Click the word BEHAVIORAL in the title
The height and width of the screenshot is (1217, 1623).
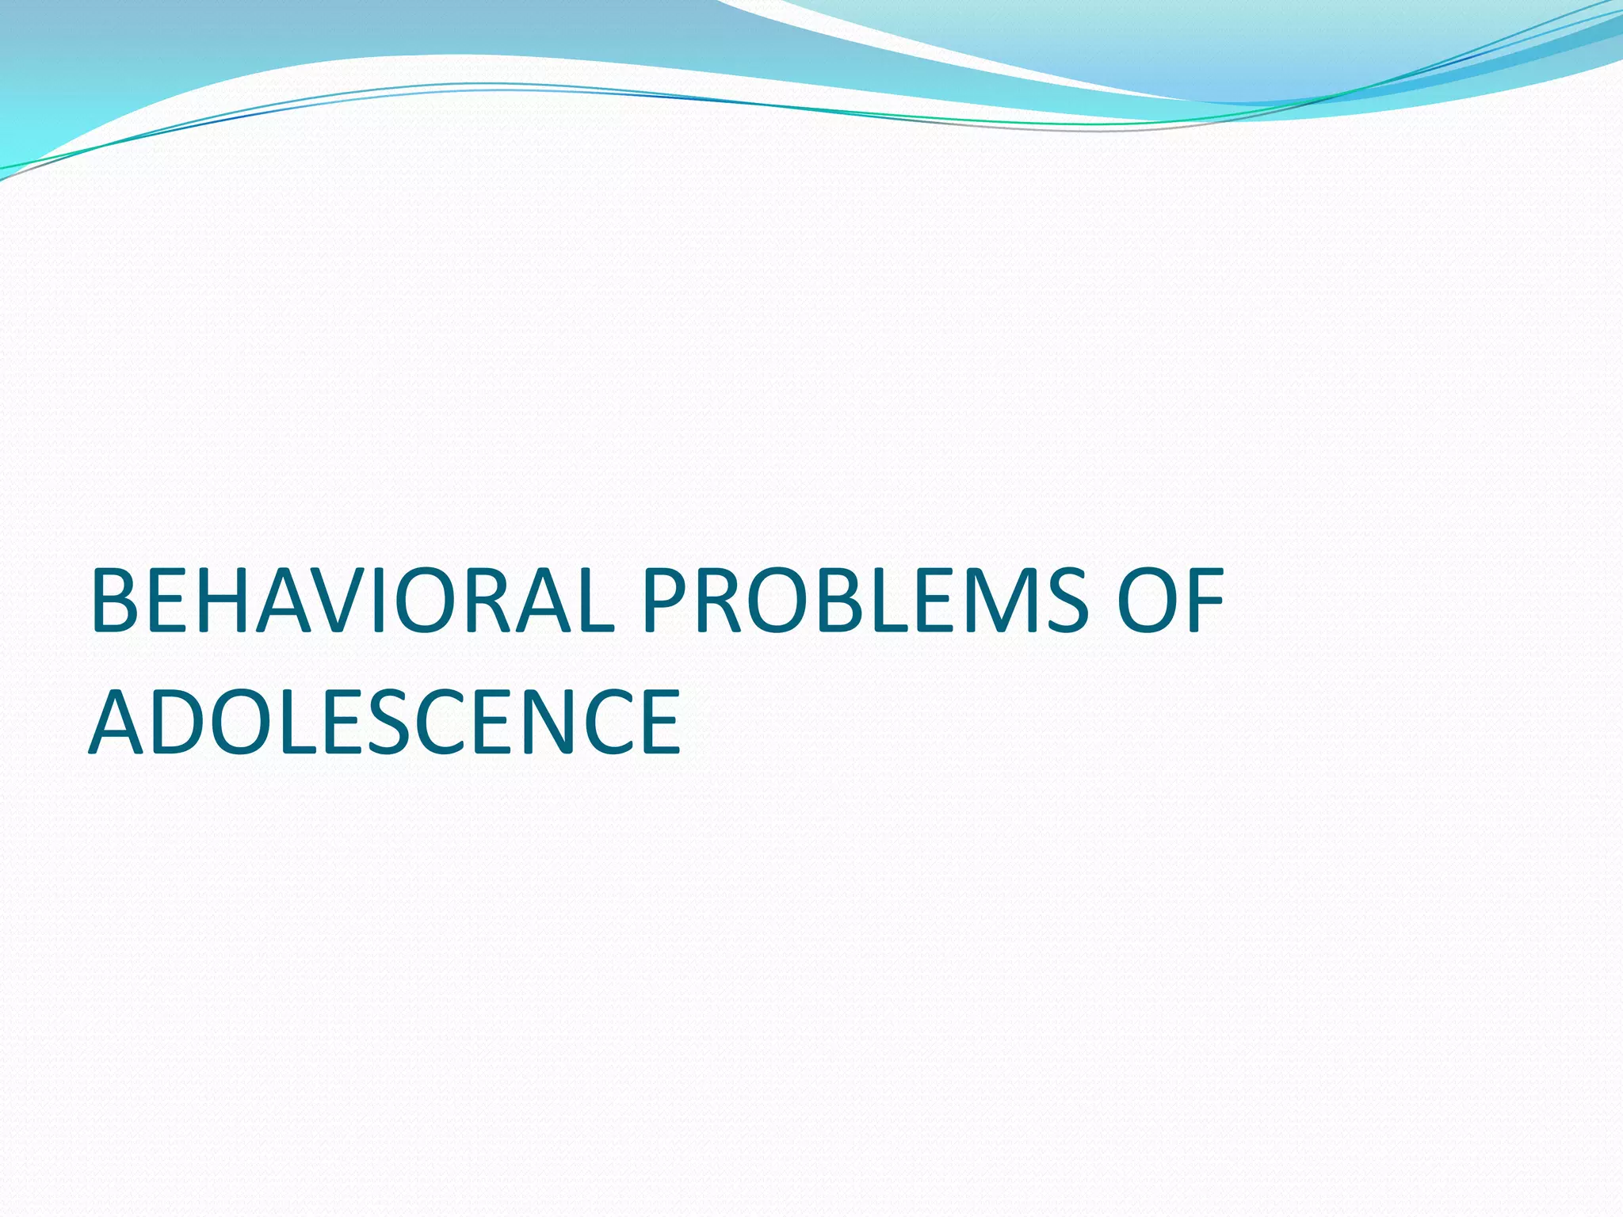tap(353, 601)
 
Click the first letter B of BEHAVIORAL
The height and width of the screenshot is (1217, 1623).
tap(114, 601)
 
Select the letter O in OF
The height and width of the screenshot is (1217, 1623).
tap(1145, 601)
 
